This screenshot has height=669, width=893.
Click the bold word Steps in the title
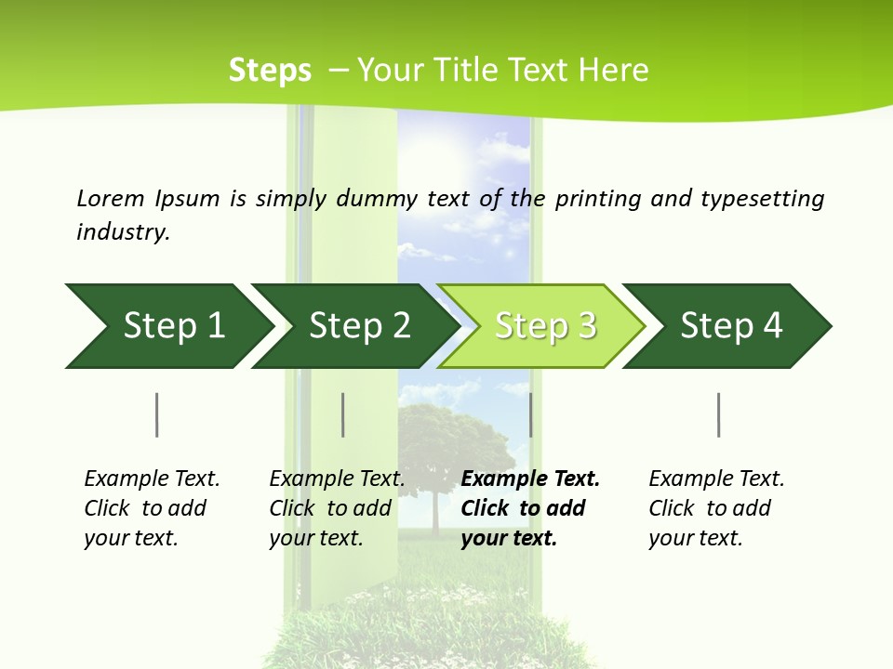point(270,71)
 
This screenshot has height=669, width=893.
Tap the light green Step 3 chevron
point(545,326)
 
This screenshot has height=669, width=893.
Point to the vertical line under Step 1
point(157,414)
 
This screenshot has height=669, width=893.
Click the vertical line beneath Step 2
point(343,414)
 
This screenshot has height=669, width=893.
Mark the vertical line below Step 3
point(531,414)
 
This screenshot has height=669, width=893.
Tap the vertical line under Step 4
point(719,414)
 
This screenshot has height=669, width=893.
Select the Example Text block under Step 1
point(152,508)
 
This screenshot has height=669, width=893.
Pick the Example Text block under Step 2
point(337,508)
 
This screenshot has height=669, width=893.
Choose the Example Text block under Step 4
point(716,508)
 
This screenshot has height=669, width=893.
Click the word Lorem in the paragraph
point(111,198)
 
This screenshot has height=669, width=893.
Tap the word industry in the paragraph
point(123,232)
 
